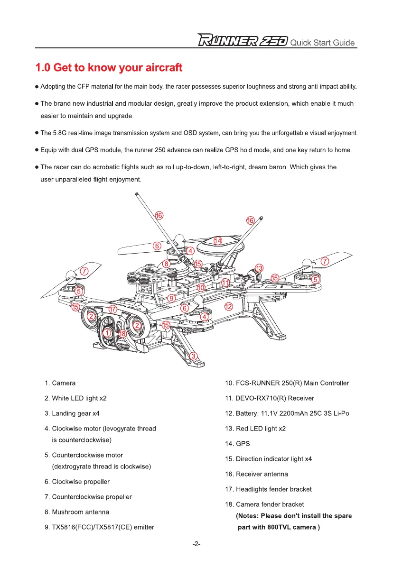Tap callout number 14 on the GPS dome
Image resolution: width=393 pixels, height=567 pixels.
pyautogui.click(x=217, y=241)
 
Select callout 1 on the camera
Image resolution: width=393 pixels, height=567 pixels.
pyautogui.click(x=108, y=334)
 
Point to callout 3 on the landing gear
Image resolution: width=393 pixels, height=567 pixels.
pyautogui.click(x=193, y=356)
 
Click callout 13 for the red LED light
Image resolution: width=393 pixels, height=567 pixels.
pyautogui.click(x=259, y=268)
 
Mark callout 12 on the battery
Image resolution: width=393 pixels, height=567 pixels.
pyautogui.click(x=228, y=307)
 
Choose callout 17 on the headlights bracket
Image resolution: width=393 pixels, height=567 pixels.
pyautogui.click(x=112, y=309)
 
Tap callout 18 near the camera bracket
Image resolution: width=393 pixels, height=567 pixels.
pyautogui.click(x=122, y=333)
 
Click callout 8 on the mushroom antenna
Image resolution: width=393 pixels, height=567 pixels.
pyautogui.click(x=167, y=264)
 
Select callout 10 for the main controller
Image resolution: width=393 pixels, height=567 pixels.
pyautogui.click(x=201, y=288)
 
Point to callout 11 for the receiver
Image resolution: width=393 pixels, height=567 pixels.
pyautogui.click(x=226, y=283)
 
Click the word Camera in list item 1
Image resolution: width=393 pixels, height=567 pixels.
pyautogui.click(x=64, y=383)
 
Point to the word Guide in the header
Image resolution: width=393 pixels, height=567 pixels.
pyautogui.click(x=343, y=43)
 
